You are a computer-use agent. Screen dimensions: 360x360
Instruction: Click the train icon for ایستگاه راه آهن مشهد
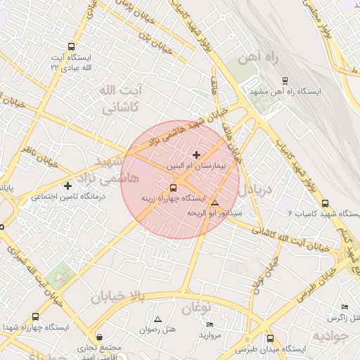coord(284,81)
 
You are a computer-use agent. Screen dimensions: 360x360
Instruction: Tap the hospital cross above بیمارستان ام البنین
coord(195,154)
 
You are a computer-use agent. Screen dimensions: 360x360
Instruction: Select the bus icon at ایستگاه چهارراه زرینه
coord(173,187)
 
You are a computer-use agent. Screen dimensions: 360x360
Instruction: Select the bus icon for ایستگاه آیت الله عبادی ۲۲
coord(70,46)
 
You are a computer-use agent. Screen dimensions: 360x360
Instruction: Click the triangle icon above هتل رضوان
coord(157,319)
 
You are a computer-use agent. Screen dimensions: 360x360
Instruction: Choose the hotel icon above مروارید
coord(210,324)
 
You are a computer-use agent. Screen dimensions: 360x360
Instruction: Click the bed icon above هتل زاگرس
coord(344,307)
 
